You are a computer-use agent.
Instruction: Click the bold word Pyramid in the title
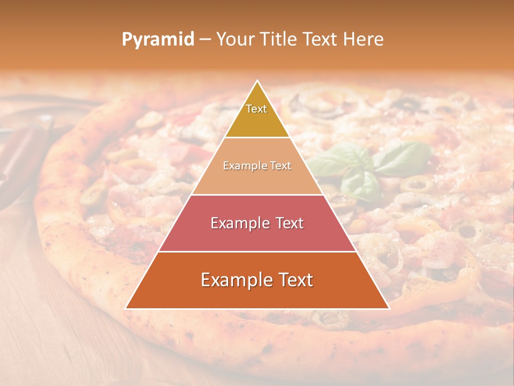coord(158,40)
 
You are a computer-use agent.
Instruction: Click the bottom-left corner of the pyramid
coord(126,308)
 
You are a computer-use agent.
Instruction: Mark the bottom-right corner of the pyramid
coord(389,308)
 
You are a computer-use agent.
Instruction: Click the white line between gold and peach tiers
coord(257,137)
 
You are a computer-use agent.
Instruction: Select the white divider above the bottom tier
coord(257,251)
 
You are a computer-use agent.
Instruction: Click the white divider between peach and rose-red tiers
coord(257,195)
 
